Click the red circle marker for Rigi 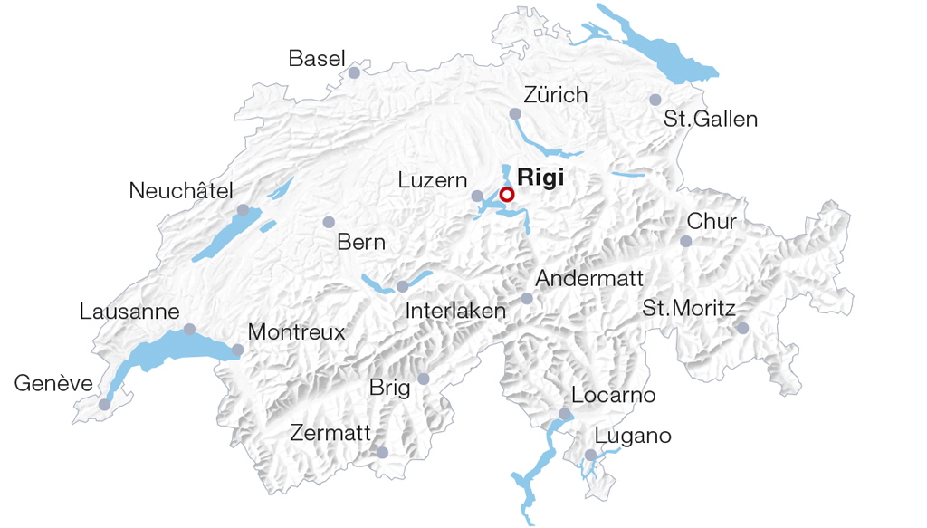click(507, 195)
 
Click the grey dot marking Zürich click(515, 114)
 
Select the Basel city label click(317, 59)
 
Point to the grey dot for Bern click(329, 222)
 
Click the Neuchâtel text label click(181, 191)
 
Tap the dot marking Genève click(104, 404)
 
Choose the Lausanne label click(129, 312)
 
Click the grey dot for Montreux click(237, 350)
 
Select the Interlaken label click(455, 311)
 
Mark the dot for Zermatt click(382, 452)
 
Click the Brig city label click(389, 389)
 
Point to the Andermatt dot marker click(527, 298)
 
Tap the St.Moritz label click(688, 308)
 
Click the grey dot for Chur click(686, 241)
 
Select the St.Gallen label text click(711, 120)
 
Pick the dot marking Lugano click(590, 456)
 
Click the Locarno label click(613, 396)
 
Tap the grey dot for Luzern click(477, 196)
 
